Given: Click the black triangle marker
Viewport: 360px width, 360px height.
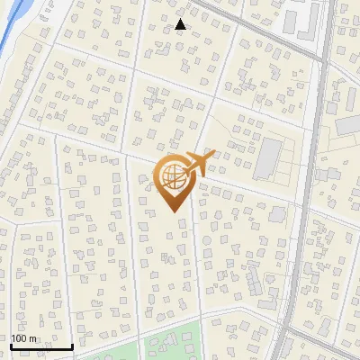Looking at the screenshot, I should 181,25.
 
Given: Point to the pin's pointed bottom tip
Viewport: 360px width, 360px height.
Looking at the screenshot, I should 175,211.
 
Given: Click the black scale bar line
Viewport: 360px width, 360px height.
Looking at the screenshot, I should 41,346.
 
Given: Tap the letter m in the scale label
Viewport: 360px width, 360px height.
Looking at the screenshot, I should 32,338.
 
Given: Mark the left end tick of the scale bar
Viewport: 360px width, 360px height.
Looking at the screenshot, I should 11,345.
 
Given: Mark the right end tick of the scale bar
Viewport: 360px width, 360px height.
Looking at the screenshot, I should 72,345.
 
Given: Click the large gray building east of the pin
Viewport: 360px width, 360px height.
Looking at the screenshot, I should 267,159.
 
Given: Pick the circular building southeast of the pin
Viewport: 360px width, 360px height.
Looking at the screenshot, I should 277,216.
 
